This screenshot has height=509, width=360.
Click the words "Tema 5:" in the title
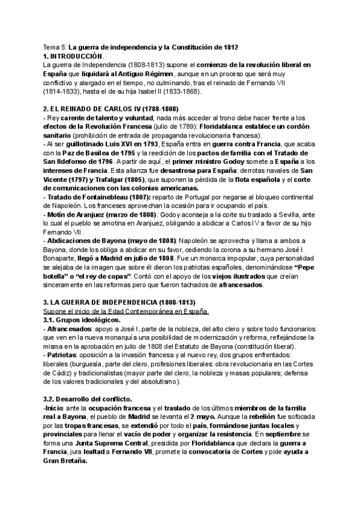(55, 47)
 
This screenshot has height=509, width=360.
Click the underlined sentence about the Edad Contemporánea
(127, 312)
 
